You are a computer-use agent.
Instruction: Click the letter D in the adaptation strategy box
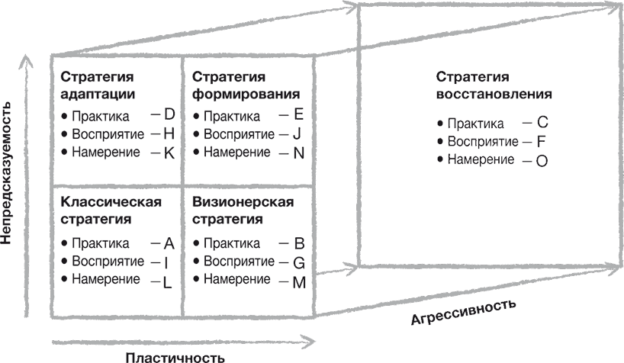[x=169, y=114]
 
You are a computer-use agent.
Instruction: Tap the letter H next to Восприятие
[x=169, y=133]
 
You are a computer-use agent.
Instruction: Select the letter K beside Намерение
[x=169, y=153]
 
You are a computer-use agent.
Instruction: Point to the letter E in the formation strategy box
[x=298, y=114]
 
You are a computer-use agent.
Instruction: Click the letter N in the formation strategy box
[x=299, y=153]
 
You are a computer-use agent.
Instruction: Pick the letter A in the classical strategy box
[x=169, y=243]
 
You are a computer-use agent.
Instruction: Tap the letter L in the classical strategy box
[x=168, y=282]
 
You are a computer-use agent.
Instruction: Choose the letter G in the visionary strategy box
[x=299, y=262]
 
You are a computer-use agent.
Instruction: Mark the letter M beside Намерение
[x=299, y=282]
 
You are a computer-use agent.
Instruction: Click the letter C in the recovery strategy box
[x=542, y=122]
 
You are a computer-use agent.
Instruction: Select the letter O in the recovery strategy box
[x=542, y=161]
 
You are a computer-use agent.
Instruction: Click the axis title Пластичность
[x=175, y=357]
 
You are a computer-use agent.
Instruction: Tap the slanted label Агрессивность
[x=464, y=312]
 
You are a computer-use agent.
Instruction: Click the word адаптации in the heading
[x=98, y=95]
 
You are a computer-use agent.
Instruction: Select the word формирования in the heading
[x=246, y=95]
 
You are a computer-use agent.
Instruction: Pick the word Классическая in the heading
[x=111, y=202]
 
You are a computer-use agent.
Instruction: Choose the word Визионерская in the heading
[x=243, y=202]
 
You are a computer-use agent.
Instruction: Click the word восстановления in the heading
[x=494, y=95]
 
